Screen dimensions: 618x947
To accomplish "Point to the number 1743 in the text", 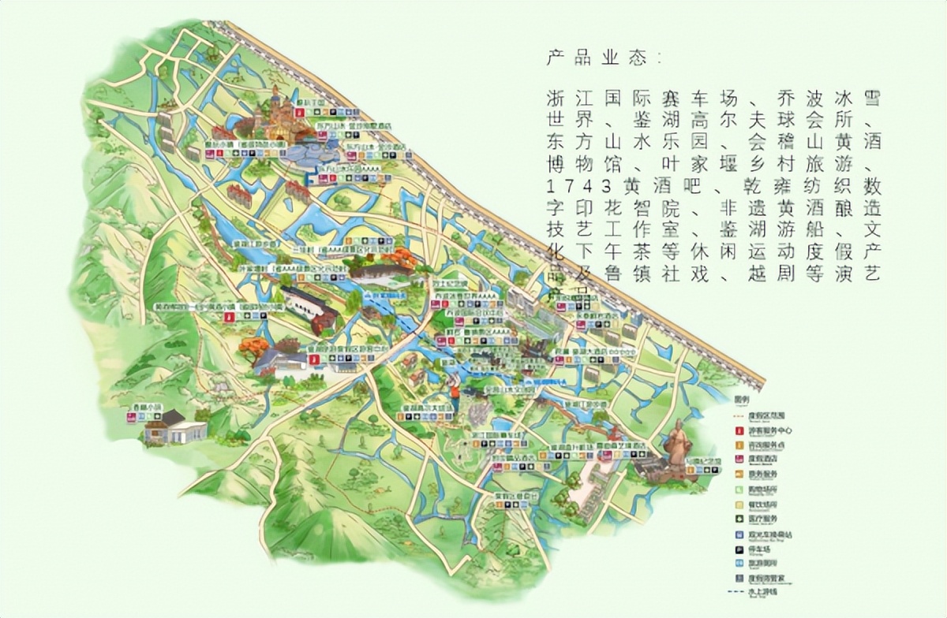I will [581, 187].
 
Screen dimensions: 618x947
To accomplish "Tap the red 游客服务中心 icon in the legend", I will [739, 430].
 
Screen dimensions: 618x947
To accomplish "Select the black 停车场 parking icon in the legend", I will [739, 549].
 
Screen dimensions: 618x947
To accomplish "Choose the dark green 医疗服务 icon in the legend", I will [739, 518].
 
